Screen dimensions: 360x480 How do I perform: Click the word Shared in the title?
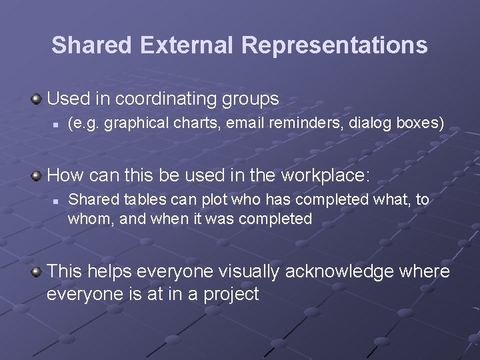[x=93, y=45]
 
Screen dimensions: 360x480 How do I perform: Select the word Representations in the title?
[x=335, y=45]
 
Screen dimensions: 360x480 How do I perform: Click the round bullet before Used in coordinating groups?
[x=37, y=100]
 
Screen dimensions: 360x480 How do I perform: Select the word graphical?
[x=129, y=123]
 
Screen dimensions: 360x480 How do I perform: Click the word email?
[x=244, y=123]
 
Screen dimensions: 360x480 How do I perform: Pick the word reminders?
[x=299, y=123]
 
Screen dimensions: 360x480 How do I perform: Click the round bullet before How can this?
[x=37, y=176]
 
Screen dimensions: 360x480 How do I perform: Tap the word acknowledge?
[x=340, y=271]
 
